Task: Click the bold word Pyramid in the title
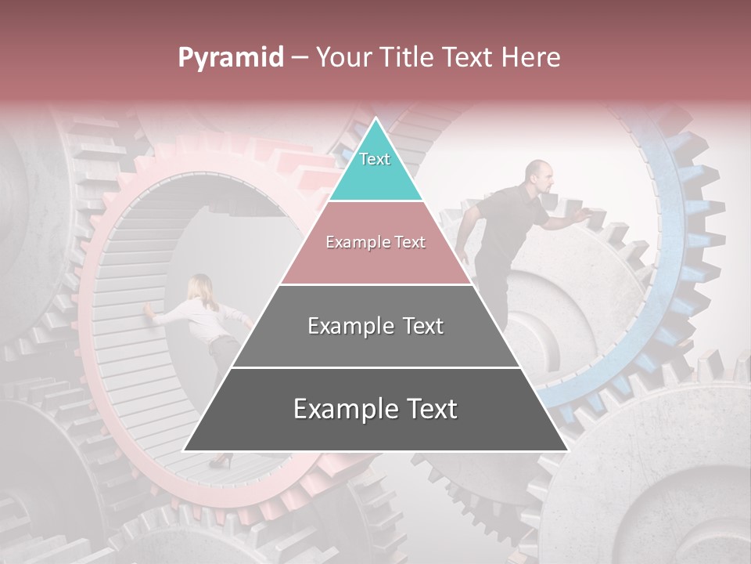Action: (x=230, y=58)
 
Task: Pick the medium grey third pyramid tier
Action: (x=375, y=345)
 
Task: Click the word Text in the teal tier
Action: (x=375, y=159)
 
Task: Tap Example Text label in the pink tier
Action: (x=375, y=242)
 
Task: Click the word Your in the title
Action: (x=342, y=58)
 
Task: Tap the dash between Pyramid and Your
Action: (x=300, y=58)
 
